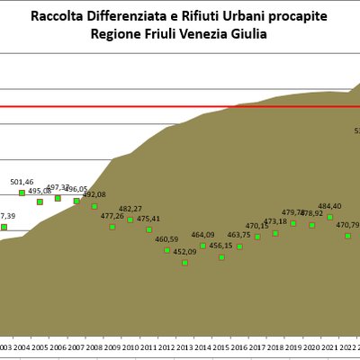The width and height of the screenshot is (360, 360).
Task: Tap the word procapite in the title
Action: (x=295, y=16)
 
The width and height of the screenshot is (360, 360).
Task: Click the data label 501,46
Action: (x=22, y=183)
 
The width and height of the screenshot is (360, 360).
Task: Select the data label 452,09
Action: (x=184, y=252)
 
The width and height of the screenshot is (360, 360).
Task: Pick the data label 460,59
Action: (x=166, y=239)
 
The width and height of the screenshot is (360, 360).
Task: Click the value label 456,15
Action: (x=221, y=246)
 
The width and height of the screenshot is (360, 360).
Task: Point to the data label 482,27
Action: (x=130, y=209)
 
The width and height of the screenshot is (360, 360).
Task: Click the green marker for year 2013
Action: (x=184, y=262)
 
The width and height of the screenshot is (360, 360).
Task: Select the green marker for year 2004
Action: (x=22, y=193)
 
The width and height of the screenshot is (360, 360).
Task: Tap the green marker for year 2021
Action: (x=329, y=217)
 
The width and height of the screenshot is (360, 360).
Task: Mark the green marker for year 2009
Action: (x=112, y=227)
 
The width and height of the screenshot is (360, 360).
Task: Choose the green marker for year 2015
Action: (x=221, y=256)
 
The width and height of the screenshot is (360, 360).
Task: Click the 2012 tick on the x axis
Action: (x=166, y=346)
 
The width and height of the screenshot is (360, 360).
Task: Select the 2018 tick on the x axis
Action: (x=275, y=346)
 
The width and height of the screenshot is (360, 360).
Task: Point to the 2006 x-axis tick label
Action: (x=58, y=346)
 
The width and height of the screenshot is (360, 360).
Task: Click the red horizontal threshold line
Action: (x=180, y=106)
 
